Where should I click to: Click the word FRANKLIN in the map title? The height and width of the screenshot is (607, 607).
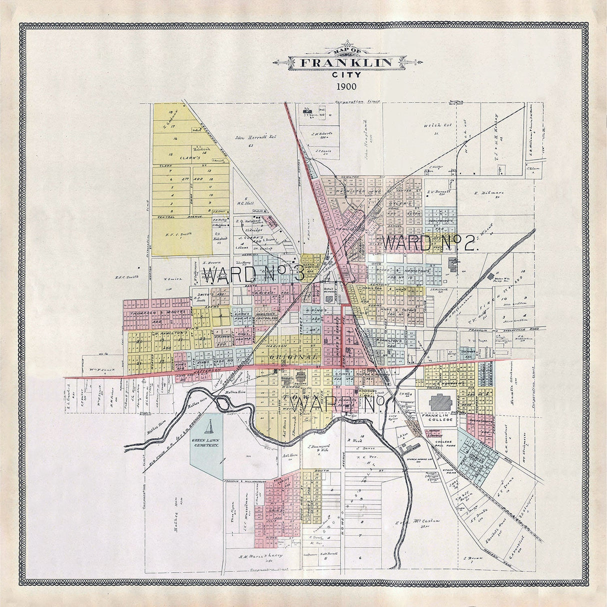(x=345, y=62)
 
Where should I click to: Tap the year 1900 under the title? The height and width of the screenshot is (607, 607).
(x=346, y=86)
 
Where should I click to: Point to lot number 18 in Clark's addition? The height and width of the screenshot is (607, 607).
(x=171, y=112)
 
